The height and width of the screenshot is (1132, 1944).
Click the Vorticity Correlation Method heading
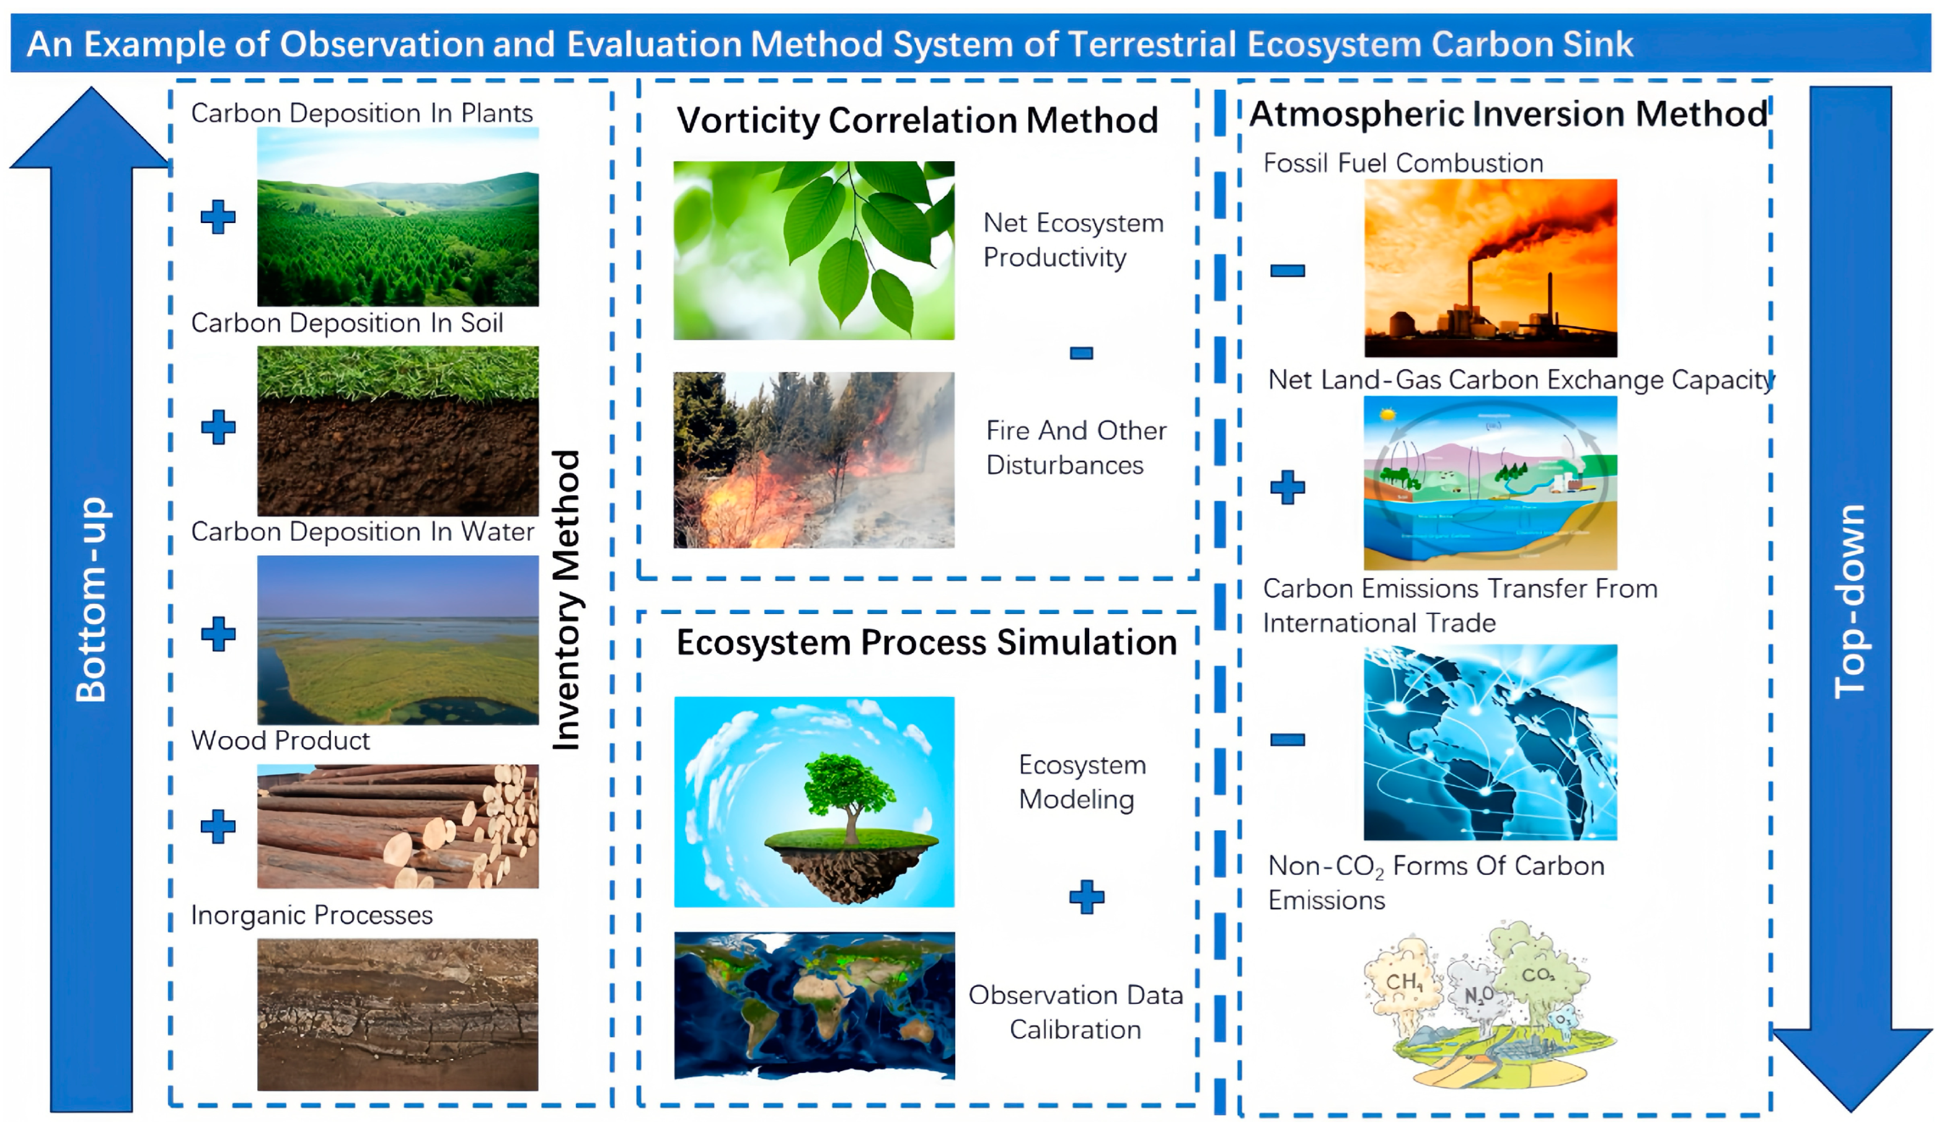pyautogui.click(x=917, y=120)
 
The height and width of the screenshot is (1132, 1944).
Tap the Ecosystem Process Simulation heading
pyautogui.click(x=927, y=643)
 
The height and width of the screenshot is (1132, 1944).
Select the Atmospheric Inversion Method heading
pyautogui.click(x=1508, y=114)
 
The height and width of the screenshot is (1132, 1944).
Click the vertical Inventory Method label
pyautogui.click(x=567, y=599)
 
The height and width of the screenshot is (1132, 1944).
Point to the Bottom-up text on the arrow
pyautogui.click(x=91, y=599)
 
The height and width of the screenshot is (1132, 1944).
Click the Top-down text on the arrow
pyautogui.click(x=1850, y=602)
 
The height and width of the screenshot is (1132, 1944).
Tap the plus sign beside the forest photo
pyautogui.click(x=218, y=217)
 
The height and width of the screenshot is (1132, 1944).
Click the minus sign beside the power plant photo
pyautogui.click(x=1288, y=271)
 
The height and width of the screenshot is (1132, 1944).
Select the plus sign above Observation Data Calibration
pyautogui.click(x=1087, y=897)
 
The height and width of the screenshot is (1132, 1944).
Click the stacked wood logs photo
pyautogui.click(x=398, y=826)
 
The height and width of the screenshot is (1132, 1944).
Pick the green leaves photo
pyautogui.click(x=814, y=250)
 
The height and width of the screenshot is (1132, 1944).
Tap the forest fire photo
pyautogui.click(x=814, y=460)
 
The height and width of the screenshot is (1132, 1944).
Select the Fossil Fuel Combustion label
pyautogui.click(x=1403, y=164)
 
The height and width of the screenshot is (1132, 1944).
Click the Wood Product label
pyautogui.click(x=281, y=741)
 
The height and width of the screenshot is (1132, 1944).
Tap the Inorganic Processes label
pyautogui.click(x=312, y=915)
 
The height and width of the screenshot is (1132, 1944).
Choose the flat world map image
pyautogui.click(x=815, y=1006)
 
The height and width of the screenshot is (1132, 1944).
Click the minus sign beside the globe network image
pyautogui.click(x=1288, y=740)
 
